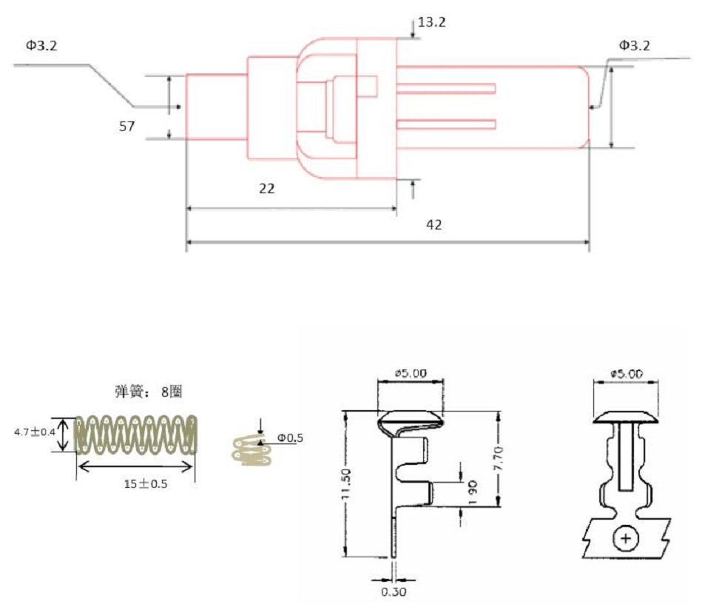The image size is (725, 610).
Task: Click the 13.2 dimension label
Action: (x=432, y=22)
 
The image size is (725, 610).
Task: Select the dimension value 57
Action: (x=127, y=127)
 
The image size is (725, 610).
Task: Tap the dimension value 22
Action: (x=267, y=189)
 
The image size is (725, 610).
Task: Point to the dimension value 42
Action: (x=434, y=224)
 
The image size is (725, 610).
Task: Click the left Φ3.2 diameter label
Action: (x=41, y=46)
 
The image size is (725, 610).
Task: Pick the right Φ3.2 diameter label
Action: (x=635, y=46)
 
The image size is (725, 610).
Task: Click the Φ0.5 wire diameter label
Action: (x=291, y=438)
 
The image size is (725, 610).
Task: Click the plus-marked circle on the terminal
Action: (x=627, y=538)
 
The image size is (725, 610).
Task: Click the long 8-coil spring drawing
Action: (x=138, y=435)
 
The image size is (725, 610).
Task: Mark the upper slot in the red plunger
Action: (x=445, y=89)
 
